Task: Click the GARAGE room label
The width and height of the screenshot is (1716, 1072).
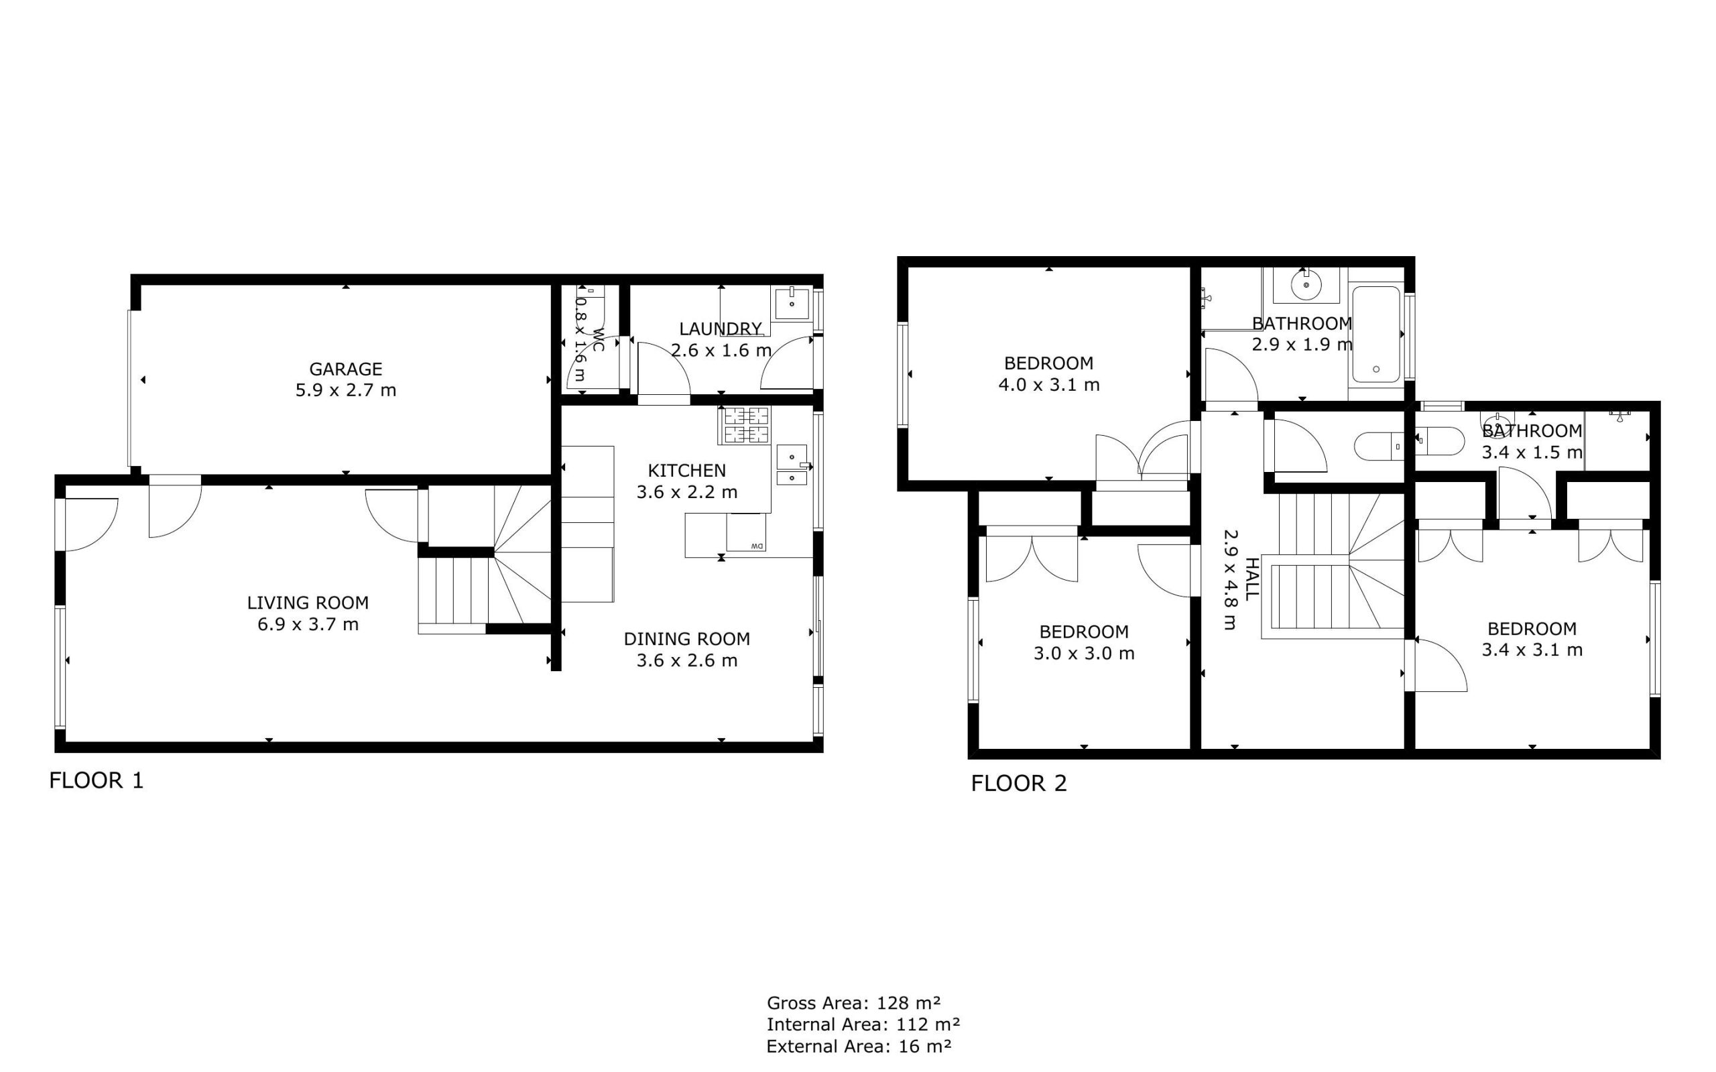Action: [x=345, y=369]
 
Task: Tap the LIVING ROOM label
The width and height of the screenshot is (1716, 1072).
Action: [x=308, y=603]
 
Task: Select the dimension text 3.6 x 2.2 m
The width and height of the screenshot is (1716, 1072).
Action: [x=687, y=492]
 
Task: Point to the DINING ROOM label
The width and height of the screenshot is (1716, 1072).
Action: [x=687, y=639]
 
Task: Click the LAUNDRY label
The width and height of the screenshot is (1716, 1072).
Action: [x=720, y=329]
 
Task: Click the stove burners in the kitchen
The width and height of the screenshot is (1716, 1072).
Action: [x=744, y=424]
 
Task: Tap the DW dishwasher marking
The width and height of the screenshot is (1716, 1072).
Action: [x=757, y=546]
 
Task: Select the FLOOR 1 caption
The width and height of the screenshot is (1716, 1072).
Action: [x=97, y=780]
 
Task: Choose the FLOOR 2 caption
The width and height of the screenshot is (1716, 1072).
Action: [x=1019, y=784]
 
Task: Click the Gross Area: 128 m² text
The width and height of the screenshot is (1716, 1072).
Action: [x=853, y=1003]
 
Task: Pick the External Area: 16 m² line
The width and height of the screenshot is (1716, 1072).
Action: [x=859, y=1046]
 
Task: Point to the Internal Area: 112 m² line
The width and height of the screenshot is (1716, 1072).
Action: [x=863, y=1024]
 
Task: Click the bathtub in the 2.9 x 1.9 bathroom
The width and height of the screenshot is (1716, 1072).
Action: [x=1375, y=334]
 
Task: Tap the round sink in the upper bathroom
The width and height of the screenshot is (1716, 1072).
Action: [x=1306, y=286]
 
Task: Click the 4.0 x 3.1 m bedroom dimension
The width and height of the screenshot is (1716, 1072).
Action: [x=1049, y=385]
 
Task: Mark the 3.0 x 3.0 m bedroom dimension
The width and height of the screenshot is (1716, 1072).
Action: [x=1084, y=654]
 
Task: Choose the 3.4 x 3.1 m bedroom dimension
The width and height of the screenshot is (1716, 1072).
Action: [x=1532, y=650]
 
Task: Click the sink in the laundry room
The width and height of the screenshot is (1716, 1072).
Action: [x=792, y=304]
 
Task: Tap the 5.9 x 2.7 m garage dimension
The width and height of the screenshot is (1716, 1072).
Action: [x=345, y=391]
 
